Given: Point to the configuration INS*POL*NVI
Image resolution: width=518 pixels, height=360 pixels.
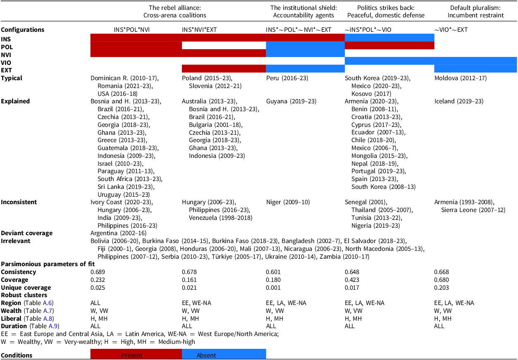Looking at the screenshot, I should (x=132, y=30).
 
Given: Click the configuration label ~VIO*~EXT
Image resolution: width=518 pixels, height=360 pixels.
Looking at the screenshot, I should (x=452, y=30).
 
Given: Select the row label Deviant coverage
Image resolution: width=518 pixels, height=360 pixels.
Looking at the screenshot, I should (x=27, y=233).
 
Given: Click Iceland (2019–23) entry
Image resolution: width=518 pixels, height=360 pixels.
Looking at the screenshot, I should (x=459, y=101).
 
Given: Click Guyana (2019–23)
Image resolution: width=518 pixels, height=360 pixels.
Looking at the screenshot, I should (x=288, y=101).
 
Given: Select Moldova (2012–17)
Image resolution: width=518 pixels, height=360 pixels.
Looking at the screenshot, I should (x=459, y=78).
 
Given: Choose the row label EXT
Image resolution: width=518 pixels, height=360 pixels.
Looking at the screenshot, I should (x=6, y=70).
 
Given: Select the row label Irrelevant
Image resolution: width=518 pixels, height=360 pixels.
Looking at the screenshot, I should (x=16, y=241).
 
